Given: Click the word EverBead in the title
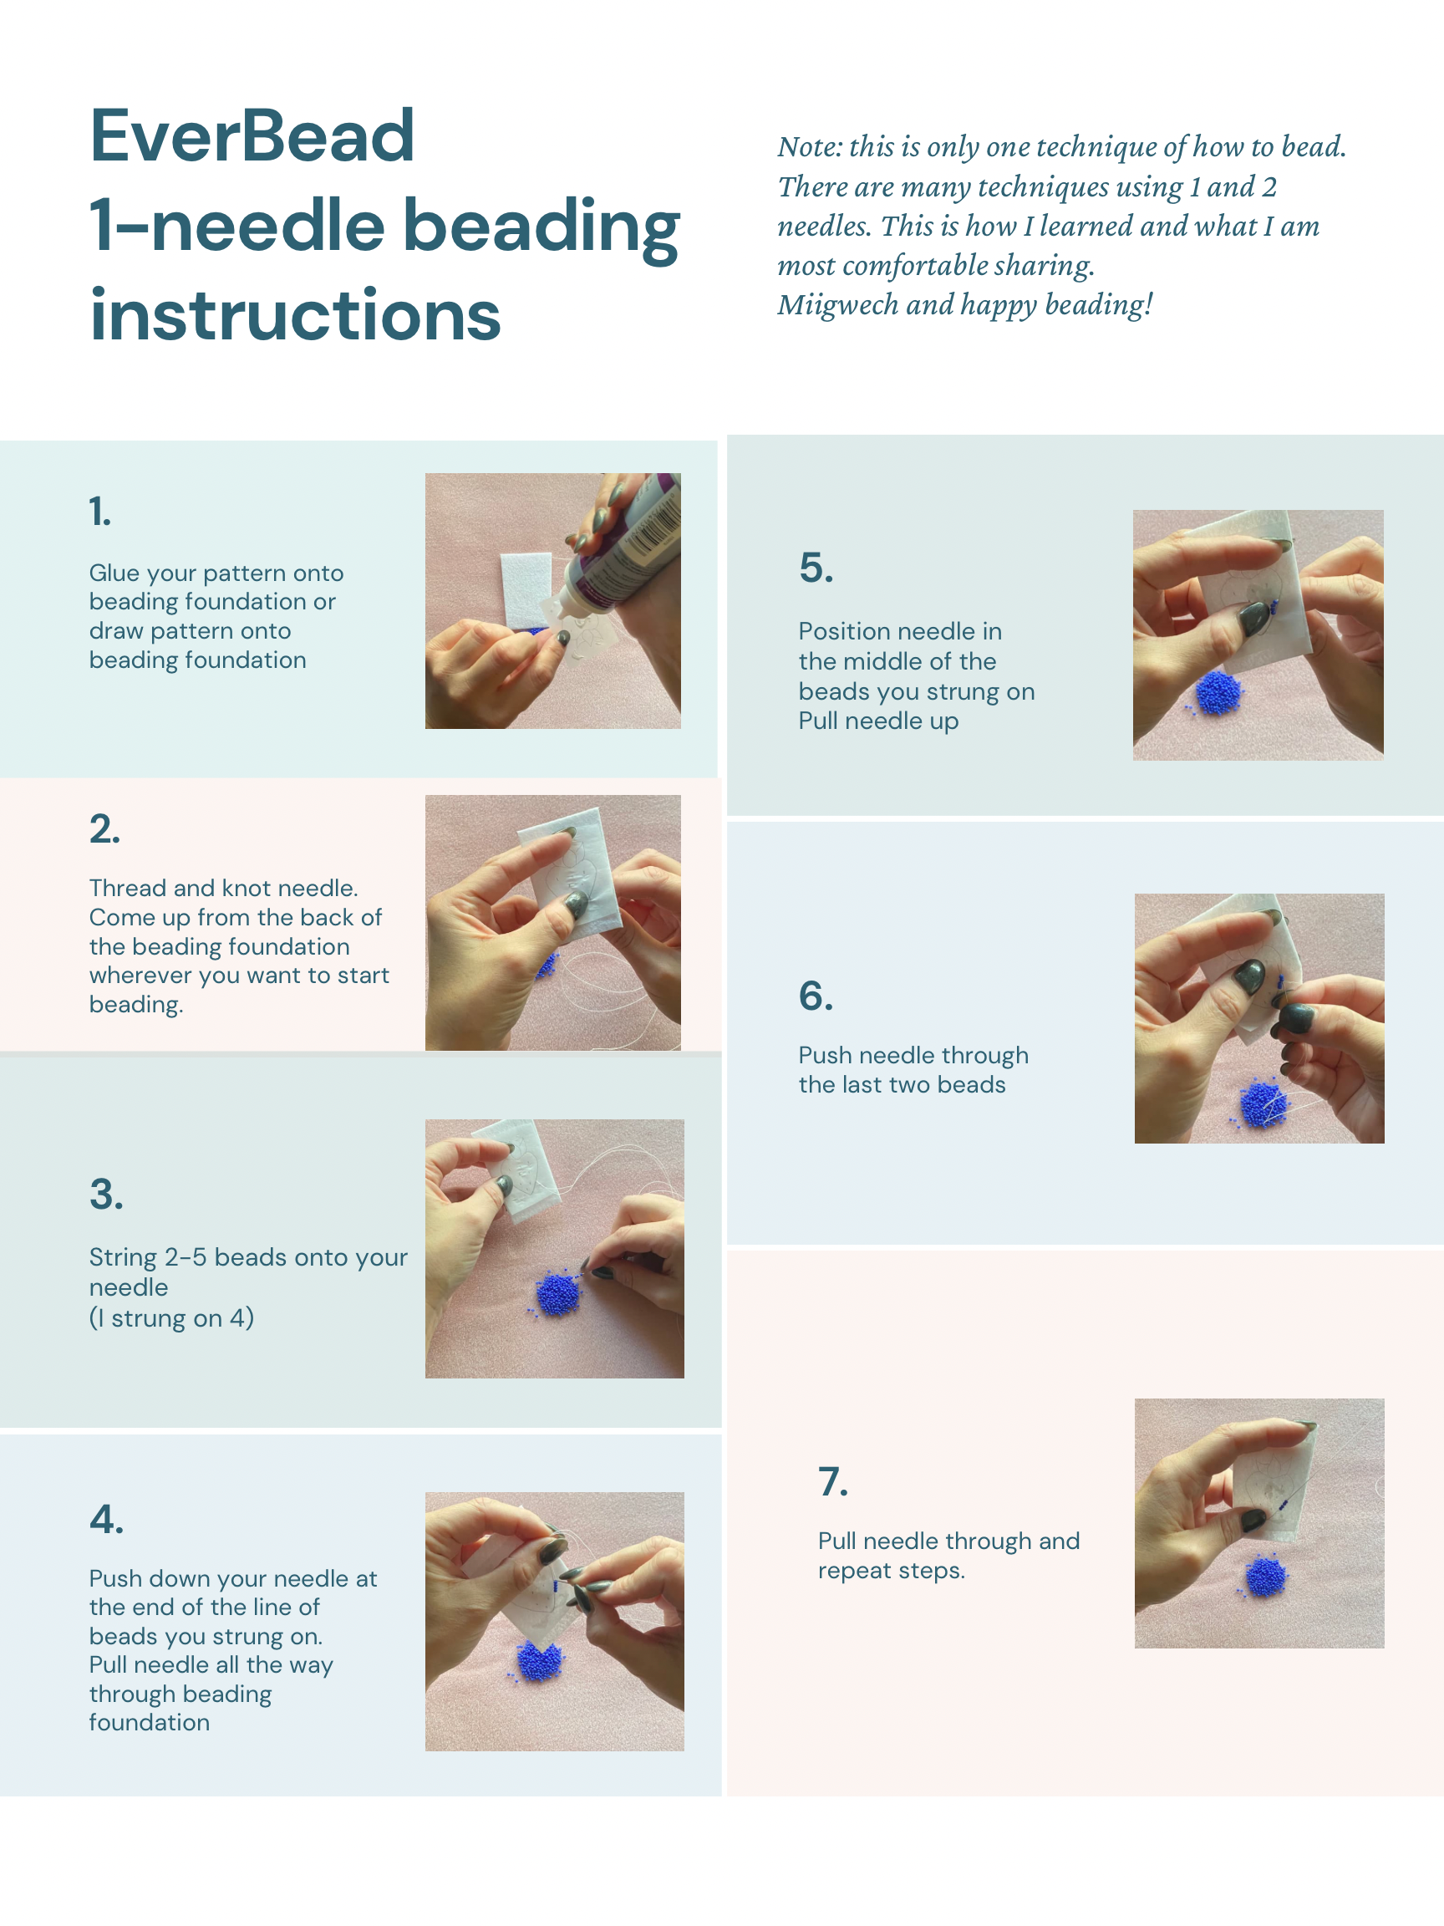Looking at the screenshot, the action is pyautogui.click(x=252, y=137).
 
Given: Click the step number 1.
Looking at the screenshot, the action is pyautogui.click(x=100, y=511).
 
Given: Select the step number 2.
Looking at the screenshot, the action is pyautogui.click(x=104, y=829).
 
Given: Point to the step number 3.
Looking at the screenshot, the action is pyautogui.click(x=106, y=1194).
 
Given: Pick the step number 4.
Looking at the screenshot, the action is pyautogui.click(x=106, y=1519).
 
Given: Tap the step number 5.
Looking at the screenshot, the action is pyautogui.click(x=816, y=568).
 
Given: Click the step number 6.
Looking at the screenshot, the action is pyautogui.click(x=816, y=996).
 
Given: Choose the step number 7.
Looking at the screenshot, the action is pyautogui.click(x=833, y=1481).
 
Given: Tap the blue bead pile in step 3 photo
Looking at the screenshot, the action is pyautogui.click(x=557, y=1292).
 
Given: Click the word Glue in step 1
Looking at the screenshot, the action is pyautogui.click(x=114, y=573).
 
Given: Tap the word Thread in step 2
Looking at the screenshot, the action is pyautogui.click(x=127, y=887).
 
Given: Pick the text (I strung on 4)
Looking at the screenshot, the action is pyautogui.click(x=171, y=1317).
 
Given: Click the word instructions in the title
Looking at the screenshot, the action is pyautogui.click(x=296, y=314).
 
